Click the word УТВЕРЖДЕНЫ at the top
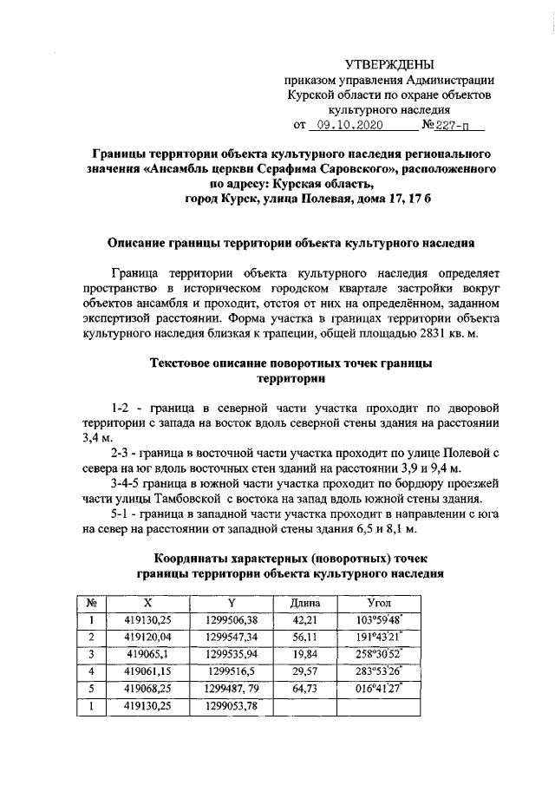point(389,65)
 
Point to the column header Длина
point(304,602)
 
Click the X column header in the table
point(147,602)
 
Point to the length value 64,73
point(304,689)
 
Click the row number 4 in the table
point(90,671)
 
